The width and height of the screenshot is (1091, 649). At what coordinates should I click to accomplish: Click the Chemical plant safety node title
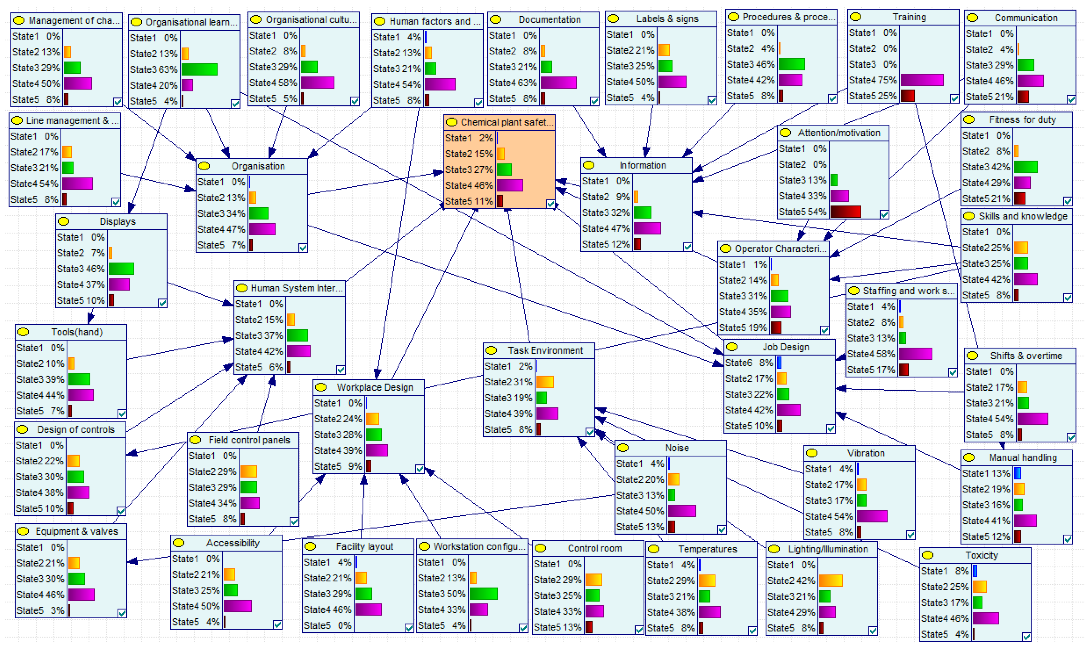507,123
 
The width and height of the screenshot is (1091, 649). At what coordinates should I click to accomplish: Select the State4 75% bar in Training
922,80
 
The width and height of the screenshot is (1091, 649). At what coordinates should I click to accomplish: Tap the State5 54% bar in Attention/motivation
845,212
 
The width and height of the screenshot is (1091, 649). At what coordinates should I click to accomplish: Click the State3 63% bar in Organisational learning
199,69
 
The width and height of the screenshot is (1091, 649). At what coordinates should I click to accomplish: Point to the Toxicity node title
981,555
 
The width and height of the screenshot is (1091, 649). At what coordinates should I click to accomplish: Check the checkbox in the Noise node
721,530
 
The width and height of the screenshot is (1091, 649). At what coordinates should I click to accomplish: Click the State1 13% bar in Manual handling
1017,473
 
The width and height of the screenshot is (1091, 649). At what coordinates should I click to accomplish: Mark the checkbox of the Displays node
162,303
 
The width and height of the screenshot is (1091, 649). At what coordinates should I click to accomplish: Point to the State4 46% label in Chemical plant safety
469,185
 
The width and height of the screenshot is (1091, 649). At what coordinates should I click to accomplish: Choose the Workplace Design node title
375,387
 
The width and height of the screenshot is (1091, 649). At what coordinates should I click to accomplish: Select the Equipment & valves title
77,531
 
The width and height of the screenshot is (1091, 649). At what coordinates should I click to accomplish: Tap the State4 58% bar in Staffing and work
915,354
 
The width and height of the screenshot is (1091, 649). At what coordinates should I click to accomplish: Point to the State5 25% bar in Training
907,96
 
